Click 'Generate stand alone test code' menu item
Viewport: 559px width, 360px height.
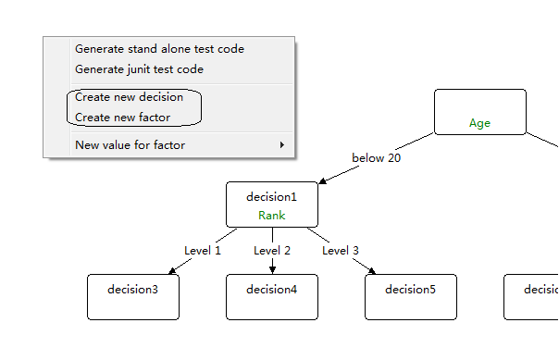[x=159, y=48]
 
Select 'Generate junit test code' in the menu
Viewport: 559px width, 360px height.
[x=139, y=68]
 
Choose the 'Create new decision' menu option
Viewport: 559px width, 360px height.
[x=129, y=96]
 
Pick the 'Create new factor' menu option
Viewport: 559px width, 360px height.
[x=122, y=118]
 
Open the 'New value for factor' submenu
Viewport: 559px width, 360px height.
[x=130, y=144]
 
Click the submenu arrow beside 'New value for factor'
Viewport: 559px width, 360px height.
[x=281, y=144]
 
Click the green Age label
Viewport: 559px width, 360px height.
[x=479, y=123]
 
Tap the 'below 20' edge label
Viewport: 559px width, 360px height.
[x=376, y=158]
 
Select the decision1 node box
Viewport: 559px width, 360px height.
[x=272, y=204]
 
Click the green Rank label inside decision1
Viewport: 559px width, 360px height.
[x=272, y=215]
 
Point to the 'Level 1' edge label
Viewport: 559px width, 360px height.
[x=203, y=250]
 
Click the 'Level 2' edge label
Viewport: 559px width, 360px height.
[x=272, y=250]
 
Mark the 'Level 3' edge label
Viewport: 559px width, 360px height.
[x=341, y=250]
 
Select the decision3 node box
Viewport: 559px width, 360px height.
[x=133, y=296]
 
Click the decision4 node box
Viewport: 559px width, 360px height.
[x=272, y=296]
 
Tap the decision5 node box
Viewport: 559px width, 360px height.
[x=411, y=296]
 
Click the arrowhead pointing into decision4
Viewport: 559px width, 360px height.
[x=272, y=269]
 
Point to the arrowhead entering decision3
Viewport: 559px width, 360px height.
[x=172, y=270]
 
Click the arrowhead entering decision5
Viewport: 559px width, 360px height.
[x=372, y=270]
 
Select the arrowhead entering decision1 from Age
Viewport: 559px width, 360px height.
[x=322, y=181]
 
